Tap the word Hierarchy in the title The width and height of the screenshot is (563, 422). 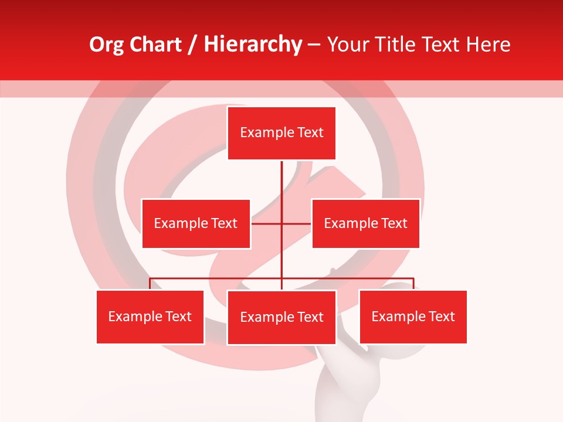pos(253,45)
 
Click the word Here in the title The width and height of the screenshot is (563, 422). pos(488,45)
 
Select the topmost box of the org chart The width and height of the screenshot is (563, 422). pos(281,133)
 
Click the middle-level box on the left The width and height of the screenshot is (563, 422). pos(196,223)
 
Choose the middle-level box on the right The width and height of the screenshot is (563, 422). pos(365,223)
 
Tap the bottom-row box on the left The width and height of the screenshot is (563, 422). pos(150,317)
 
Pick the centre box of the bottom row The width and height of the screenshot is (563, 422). pos(281,317)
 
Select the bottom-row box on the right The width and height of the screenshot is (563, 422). pos(413,317)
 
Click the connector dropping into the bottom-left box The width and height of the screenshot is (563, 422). pos(150,284)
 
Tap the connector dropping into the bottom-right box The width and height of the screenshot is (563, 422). pos(413,284)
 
